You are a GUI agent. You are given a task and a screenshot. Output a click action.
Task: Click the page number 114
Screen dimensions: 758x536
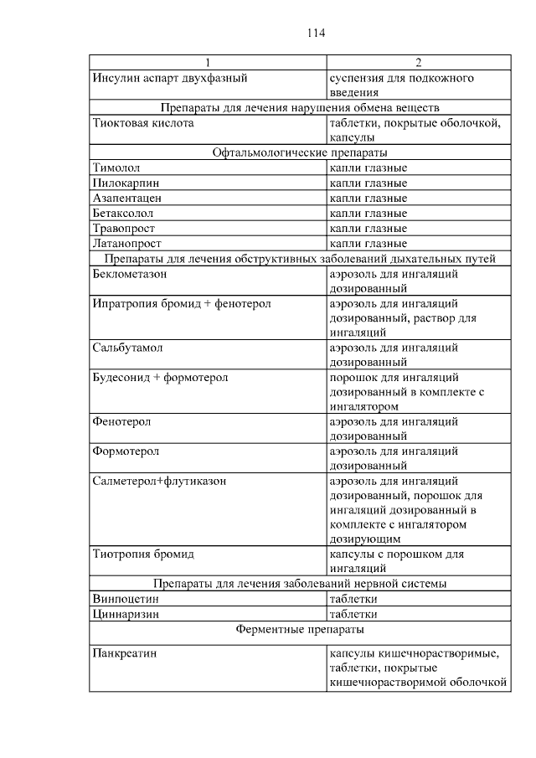pos(316,34)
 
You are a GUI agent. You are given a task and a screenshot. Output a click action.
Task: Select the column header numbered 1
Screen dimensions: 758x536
pos(209,63)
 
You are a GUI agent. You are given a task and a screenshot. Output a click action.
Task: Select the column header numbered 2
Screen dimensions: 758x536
pos(418,63)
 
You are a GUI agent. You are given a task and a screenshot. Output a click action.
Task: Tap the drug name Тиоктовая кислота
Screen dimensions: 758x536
pos(143,123)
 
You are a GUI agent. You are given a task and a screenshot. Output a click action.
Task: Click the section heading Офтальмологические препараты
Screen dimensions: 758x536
pos(300,153)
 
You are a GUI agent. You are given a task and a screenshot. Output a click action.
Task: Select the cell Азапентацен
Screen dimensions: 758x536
pos(127,199)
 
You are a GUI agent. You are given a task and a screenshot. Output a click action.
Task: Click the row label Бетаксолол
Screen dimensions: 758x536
pos(126,214)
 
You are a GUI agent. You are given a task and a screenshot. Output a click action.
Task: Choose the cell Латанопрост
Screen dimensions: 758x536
pos(126,243)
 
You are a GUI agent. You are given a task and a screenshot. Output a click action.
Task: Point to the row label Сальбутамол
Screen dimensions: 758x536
pos(127,347)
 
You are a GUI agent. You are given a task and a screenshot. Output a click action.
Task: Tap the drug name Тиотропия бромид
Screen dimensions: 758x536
pos(143,554)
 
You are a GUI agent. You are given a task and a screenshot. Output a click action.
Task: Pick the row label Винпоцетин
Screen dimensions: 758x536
pos(126,599)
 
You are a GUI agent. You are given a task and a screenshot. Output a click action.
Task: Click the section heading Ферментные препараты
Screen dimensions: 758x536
pos(300,627)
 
